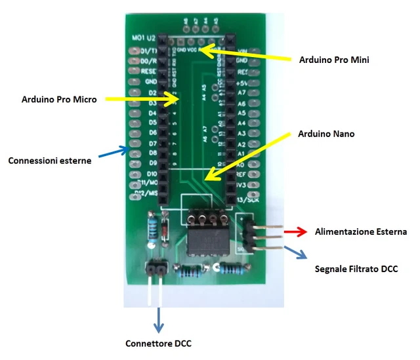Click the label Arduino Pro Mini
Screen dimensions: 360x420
334,60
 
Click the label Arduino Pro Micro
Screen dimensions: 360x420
59,100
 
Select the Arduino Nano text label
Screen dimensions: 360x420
326,134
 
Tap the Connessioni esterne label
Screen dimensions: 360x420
50,161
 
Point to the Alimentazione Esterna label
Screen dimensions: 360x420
361,231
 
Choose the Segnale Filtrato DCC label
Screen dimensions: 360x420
356,269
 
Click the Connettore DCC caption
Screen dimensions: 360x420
158,343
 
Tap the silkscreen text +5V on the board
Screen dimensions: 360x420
241,83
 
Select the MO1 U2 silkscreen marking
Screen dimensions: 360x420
143,39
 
